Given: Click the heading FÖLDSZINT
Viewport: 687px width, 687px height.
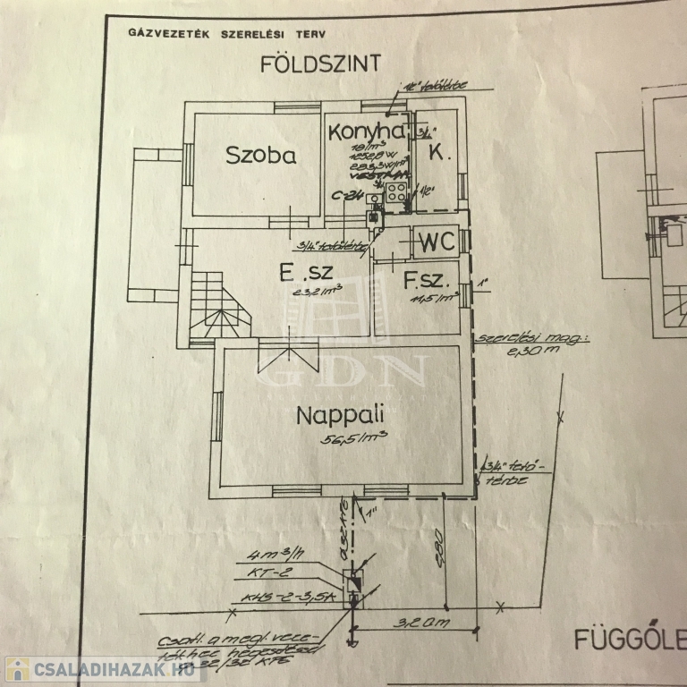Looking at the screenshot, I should point(320,64).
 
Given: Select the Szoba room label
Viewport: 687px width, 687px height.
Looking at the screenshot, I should point(260,155).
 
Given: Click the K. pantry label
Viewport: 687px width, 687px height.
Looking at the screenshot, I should point(438,153).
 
